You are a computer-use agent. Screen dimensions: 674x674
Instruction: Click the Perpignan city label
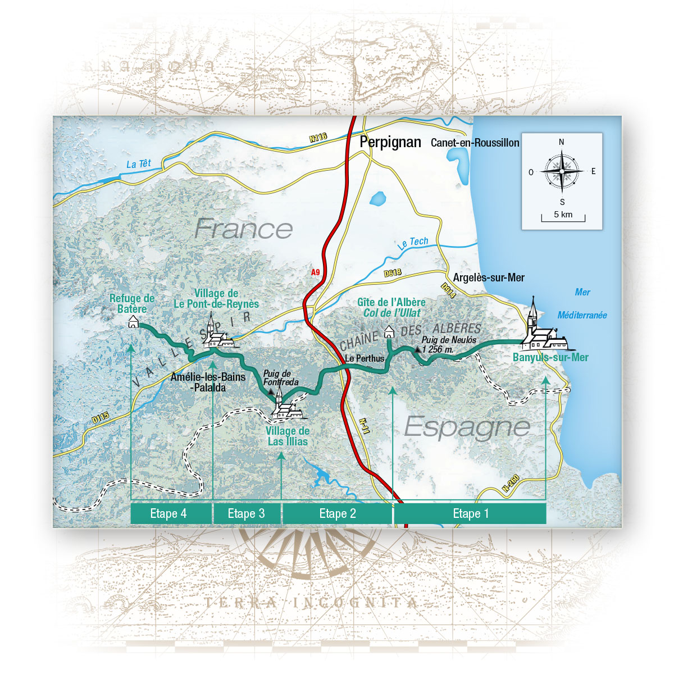390,142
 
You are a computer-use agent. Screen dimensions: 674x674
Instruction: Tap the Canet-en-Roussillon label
475,143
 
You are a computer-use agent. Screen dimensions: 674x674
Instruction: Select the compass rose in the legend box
561,171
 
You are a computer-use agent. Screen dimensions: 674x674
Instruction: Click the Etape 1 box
470,513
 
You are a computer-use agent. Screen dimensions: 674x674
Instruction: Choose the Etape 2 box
337,513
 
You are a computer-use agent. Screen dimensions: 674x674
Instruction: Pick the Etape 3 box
246,513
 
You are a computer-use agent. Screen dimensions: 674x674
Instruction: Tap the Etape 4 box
168,513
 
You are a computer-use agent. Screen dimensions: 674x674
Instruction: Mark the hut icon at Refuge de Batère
133,322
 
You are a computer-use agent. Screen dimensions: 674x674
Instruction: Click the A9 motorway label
316,272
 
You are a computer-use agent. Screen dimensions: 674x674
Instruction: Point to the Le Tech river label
413,243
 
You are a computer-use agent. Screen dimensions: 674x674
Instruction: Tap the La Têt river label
139,164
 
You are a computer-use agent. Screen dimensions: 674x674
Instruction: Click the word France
243,229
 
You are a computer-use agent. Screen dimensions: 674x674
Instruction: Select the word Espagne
467,427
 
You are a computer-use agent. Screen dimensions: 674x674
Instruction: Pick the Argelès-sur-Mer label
489,277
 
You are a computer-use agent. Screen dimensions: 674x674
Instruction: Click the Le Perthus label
365,358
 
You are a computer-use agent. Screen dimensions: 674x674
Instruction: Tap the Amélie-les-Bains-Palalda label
208,382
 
